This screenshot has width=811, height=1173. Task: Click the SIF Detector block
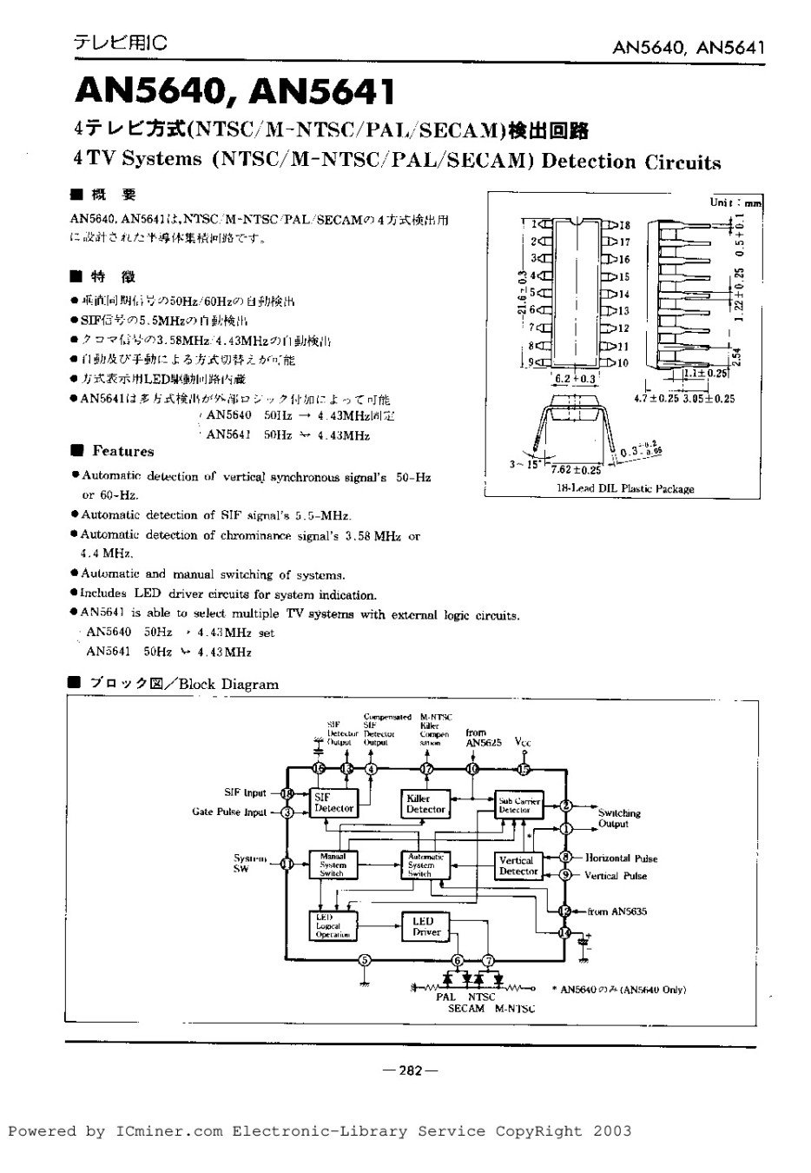tap(334, 803)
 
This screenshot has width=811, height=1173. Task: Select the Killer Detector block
tap(425, 804)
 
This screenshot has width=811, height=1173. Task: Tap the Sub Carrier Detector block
tap(518, 805)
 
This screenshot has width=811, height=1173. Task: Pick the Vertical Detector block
tap(518, 865)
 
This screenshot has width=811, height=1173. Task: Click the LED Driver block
tap(426, 926)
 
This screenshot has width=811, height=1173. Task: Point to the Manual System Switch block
tap(333, 865)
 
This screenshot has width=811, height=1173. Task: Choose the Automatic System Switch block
tap(425, 865)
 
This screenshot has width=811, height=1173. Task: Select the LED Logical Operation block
tap(333, 926)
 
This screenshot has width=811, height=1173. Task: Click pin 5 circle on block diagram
tap(365, 959)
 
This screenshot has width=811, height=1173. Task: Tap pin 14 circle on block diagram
tap(565, 932)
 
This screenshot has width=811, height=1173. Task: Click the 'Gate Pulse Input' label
tap(229, 812)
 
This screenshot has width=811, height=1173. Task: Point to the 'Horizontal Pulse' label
tap(621, 858)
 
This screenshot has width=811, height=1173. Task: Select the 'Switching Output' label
tap(618, 818)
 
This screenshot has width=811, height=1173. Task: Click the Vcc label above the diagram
tap(523, 743)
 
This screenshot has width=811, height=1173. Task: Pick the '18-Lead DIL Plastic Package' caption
tap(625, 489)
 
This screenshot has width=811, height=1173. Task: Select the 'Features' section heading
tap(122, 451)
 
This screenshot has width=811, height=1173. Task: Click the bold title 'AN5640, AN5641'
tap(234, 91)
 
